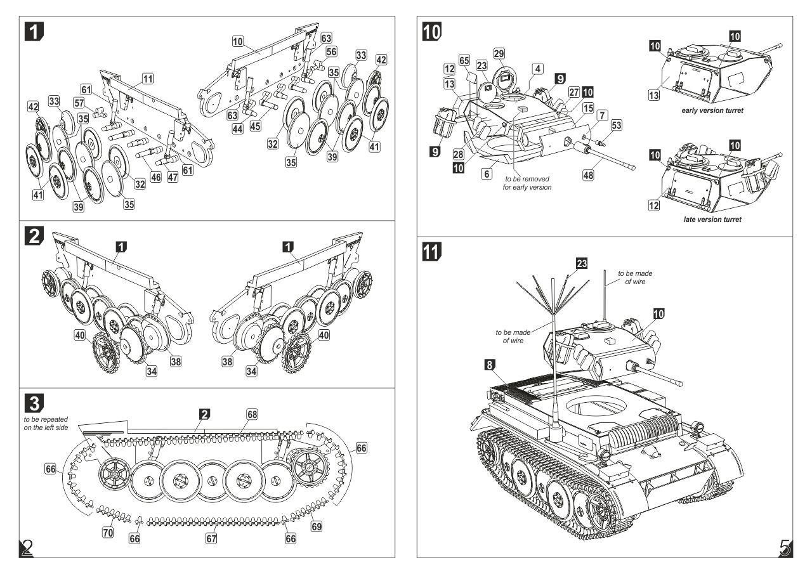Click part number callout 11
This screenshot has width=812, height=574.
click(148, 79)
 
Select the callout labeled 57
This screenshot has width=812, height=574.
click(79, 103)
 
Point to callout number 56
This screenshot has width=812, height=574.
click(332, 52)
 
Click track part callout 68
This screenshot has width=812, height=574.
click(252, 414)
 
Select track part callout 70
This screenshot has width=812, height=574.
click(108, 532)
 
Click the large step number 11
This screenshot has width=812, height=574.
click(433, 252)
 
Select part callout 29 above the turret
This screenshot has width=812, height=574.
click(499, 53)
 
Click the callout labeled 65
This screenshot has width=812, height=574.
click(464, 61)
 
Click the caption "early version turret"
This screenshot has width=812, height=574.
click(712, 110)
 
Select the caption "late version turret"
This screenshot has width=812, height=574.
click(712, 219)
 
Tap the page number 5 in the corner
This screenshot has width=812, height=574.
click(784, 547)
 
